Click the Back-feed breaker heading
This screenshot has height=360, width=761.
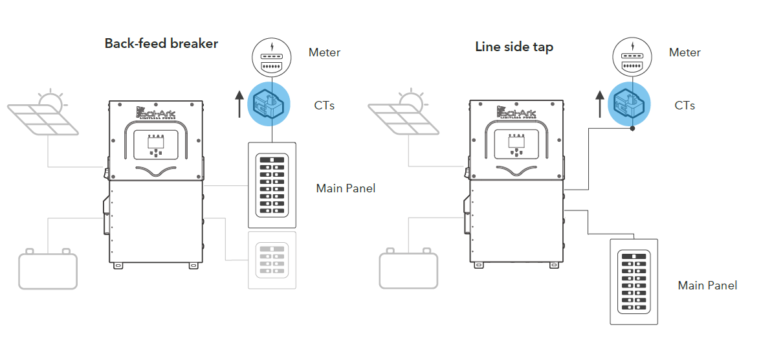(161, 44)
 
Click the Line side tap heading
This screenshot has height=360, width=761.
(514, 47)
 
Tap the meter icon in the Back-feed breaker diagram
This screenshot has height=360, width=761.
(272, 57)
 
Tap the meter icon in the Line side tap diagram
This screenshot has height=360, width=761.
(632, 57)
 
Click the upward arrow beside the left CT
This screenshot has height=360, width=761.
(239, 104)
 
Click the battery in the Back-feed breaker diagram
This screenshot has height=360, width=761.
(48, 269)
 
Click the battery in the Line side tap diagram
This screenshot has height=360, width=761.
(408, 269)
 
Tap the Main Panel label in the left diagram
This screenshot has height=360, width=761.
(346, 188)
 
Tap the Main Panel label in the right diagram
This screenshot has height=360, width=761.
(707, 285)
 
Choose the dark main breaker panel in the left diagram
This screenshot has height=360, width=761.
(272, 185)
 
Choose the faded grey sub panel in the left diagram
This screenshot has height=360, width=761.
(272, 260)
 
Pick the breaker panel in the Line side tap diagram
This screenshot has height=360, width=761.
(634, 282)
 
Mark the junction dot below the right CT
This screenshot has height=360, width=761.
(632, 128)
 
